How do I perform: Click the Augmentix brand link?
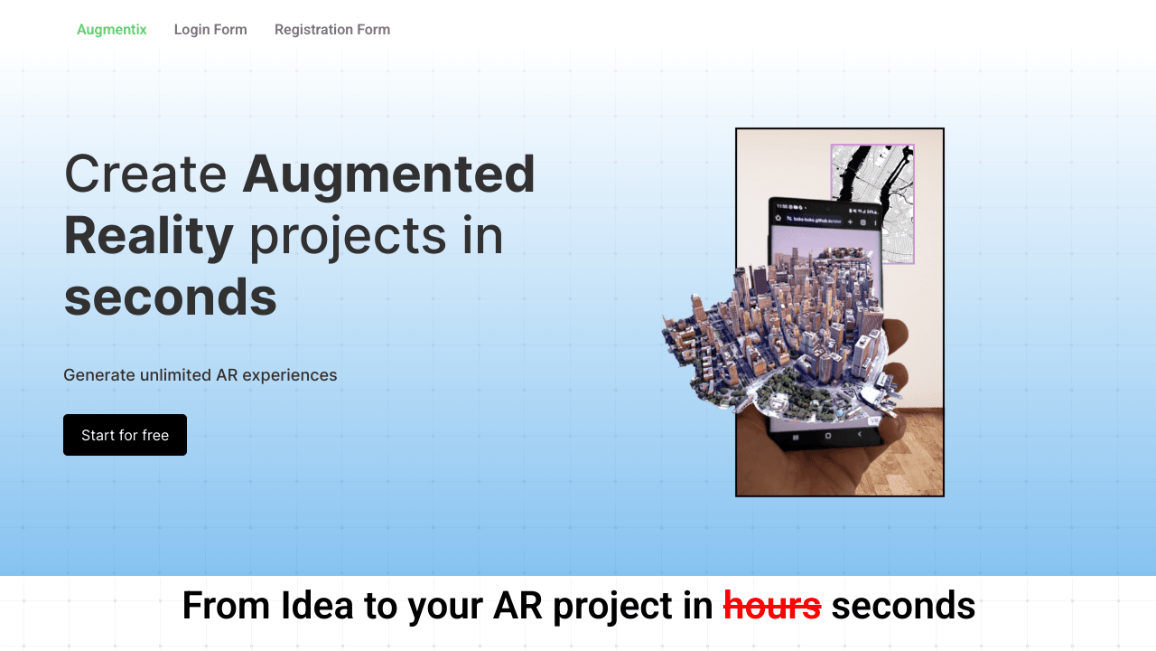coord(112,30)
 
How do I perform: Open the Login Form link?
coord(210,30)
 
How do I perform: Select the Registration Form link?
coord(332,30)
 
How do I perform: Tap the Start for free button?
coord(125,435)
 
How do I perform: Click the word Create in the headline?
coord(145,174)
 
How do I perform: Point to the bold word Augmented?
coord(388,174)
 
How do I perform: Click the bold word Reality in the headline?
coord(149,235)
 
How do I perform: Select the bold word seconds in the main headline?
coord(170,297)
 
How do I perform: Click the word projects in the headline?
coord(348,235)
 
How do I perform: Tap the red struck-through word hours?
coord(772,606)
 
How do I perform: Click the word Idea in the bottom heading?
coord(317,606)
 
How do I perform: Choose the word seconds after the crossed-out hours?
coord(903,606)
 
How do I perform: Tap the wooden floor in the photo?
coord(912,461)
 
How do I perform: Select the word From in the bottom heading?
coord(227,606)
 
